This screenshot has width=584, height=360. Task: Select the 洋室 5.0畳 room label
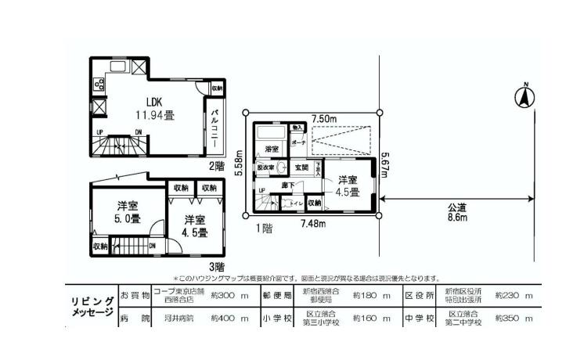pos(128,213)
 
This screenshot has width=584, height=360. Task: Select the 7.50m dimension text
pos(323,119)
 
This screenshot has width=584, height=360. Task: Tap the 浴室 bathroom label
pos(272,148)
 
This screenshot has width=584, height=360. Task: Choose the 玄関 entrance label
pos(301,167)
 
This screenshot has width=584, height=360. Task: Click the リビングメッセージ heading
pos(92,306)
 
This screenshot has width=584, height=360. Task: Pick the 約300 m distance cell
pos(234,296)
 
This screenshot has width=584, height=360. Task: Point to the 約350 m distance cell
pos(514,319)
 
